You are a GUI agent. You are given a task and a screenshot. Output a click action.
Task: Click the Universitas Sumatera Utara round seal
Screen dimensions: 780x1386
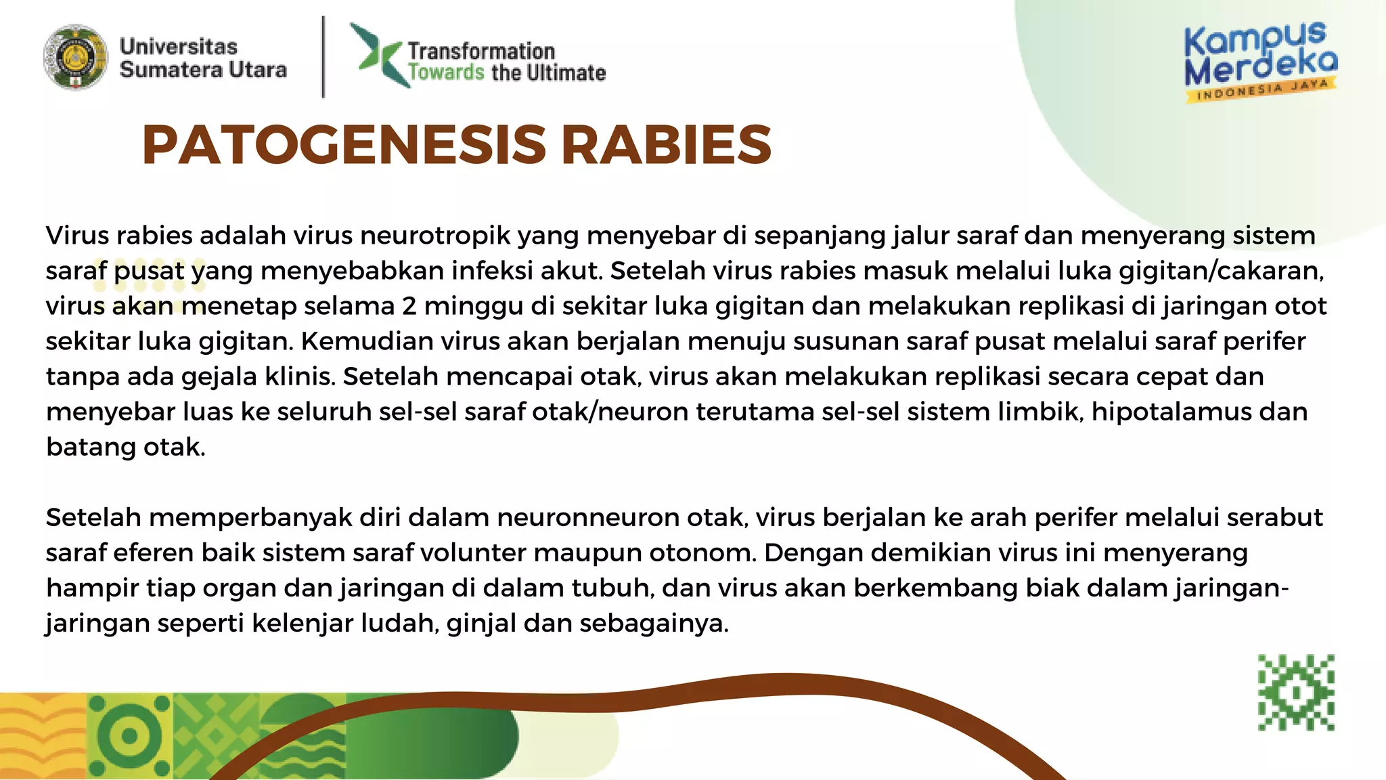coord(75,58)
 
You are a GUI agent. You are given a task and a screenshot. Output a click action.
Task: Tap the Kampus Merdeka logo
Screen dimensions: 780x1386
coord(1260,61)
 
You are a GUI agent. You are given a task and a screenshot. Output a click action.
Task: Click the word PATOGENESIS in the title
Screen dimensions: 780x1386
coord(344,146)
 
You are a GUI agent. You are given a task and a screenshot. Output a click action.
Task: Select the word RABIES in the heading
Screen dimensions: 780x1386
coord(666,146)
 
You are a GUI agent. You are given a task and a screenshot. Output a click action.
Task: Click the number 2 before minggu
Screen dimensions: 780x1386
coord(409,306)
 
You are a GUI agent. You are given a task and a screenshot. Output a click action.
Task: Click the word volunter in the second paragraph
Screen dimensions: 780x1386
coord(473,552)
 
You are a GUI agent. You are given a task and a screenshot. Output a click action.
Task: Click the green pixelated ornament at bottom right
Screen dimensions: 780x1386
coord(1295,692)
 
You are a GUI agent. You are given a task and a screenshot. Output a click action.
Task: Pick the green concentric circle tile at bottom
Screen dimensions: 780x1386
coord(129,736)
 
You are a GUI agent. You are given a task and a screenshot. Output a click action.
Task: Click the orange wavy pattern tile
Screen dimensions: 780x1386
coord(42,736)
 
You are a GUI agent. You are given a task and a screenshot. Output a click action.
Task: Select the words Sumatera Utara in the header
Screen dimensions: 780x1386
coord(203,70)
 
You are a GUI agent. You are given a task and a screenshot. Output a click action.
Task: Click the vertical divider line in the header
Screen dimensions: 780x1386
coord(323,58)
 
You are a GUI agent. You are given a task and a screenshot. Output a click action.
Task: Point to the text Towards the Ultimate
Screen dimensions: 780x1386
coord(506,73)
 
